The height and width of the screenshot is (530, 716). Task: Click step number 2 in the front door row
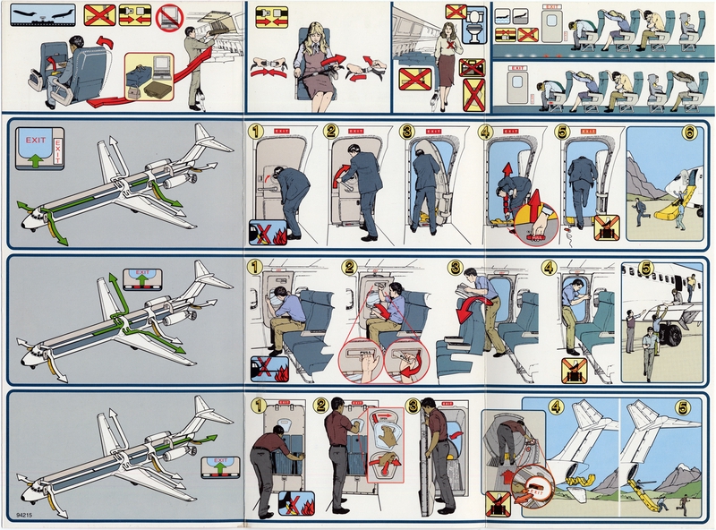click(x=332, y=132)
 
